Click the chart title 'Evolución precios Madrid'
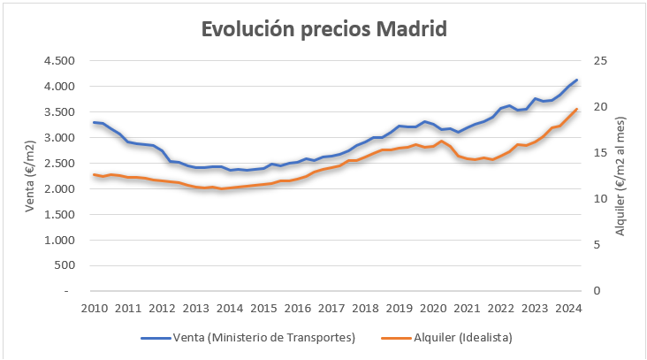(x=323, y=28)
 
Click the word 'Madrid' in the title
(x=411, y=28)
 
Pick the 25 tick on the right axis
(x=602, y=61)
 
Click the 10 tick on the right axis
(x=602, y=199)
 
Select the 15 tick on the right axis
(x=602, y=153)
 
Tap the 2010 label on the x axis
(x=94, y=308)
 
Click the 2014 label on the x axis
(x=229, y=308)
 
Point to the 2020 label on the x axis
(x=432, y=308)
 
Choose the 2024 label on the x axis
(x=567, y=308)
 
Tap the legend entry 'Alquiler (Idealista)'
(x=460, y=337)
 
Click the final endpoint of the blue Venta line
(x=576, y=80)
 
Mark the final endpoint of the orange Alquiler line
(x=576, y=110)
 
